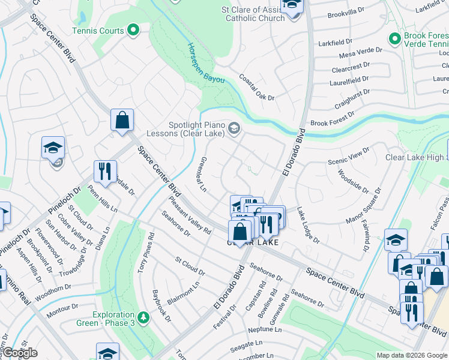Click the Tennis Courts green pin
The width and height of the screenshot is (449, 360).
tap(134, 31)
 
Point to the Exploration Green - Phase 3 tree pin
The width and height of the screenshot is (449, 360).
tap(143, 316)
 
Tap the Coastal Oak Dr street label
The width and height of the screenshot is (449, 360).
tap(256, 87)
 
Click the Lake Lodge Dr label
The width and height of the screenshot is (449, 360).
tap(309, 225)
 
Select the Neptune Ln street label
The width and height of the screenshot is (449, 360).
tap(264, 331)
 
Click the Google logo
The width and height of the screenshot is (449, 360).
tap(19, 353)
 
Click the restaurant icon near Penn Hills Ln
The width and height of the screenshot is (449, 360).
tap(105, 171)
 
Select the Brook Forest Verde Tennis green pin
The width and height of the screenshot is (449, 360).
tap(394, 40)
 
